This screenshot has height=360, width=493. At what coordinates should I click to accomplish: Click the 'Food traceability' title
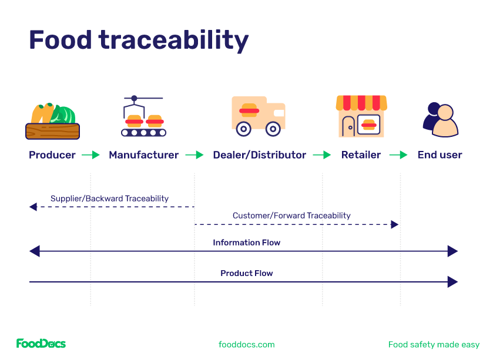tap(139, 40)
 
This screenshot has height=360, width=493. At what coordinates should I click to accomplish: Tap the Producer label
tap(52, 155)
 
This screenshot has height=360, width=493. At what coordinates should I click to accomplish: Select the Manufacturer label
tap(144, 155)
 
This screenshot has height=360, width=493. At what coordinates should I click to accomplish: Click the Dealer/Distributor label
tap(259, 155)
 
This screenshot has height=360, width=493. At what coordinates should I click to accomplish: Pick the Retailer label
tap(361, 155)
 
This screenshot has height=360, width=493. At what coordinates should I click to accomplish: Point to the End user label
tap(440, 155)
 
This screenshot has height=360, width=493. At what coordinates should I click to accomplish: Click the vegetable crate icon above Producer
tap(52, 121)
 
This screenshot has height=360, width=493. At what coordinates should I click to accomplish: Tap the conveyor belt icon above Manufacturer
tap(143, 117)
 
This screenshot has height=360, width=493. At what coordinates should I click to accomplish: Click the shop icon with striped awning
tap(361, 116)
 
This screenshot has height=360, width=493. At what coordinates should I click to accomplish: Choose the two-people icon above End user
tap(440, 119)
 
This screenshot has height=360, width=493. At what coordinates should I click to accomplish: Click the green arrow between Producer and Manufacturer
tap(91, 155)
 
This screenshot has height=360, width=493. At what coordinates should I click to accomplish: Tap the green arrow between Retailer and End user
tap(399, 155)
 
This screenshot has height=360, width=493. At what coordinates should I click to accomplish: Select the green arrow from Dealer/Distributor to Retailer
tap(322, 155)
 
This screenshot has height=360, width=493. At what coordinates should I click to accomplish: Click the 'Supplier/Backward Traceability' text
tap(109, 198)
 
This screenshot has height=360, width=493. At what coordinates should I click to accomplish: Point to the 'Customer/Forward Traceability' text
tap(291, 216)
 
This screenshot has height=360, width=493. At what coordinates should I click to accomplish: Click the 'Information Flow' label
tap(246, 243)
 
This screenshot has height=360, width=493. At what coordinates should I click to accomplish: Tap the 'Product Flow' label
tap(246, 273)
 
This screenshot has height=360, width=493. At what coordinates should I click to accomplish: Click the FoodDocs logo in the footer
tap(41, 344)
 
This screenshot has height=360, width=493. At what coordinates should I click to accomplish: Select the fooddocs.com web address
tap(246, 345)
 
